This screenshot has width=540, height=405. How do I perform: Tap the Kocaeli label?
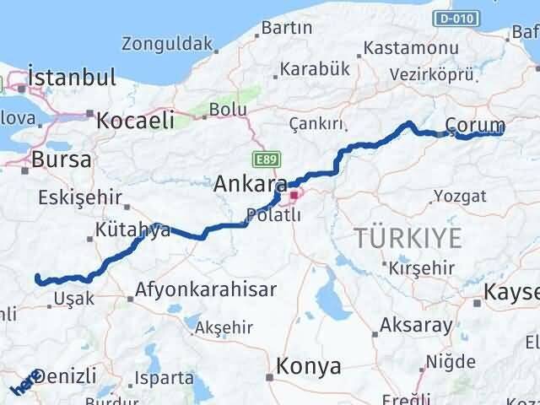(135, 120)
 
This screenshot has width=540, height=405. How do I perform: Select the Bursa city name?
(61, 159)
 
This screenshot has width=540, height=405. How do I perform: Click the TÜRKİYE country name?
(408, 239)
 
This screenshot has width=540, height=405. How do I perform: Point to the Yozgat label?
(460, 197)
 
